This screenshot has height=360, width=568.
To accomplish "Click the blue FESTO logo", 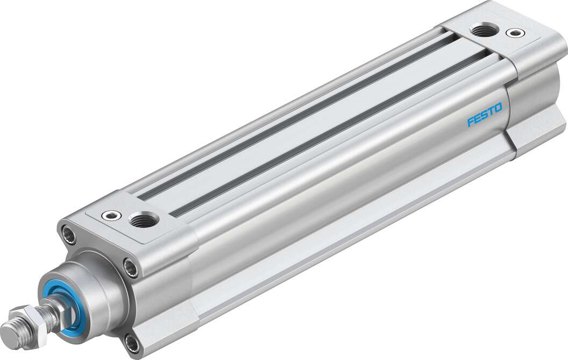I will click(x=484, y=115).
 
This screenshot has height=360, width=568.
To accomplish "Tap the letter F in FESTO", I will click(x=470, y=122).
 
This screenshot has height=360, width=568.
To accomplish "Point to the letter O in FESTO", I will click(x=498, y=108).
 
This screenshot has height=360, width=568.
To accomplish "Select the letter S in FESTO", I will click(x=484, y=115).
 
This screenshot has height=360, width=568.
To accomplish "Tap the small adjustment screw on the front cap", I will click(x=111, y=215).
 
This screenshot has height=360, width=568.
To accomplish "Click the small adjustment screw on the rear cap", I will click(x=515, y=33).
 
